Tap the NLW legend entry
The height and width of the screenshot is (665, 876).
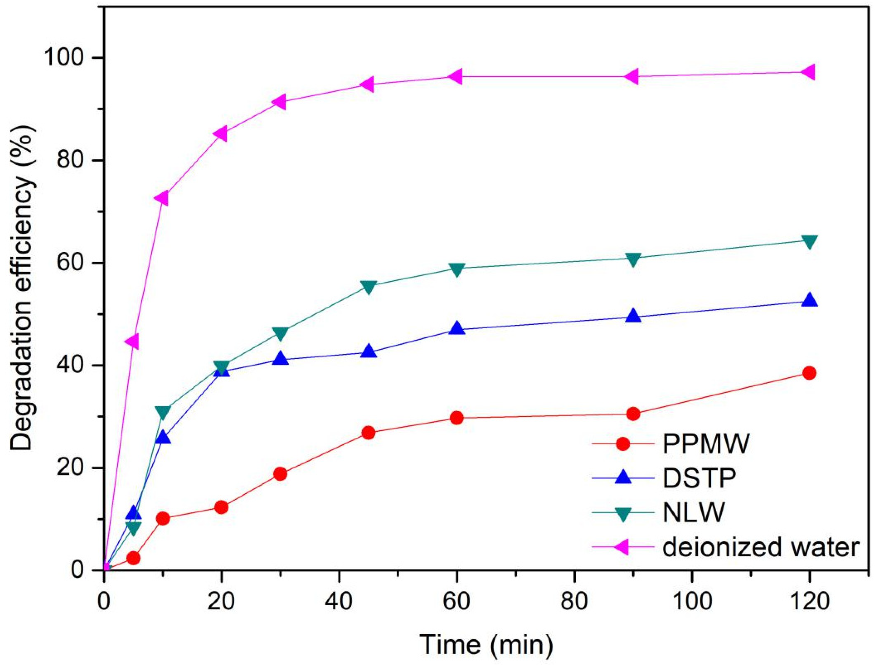(x=694, y=514)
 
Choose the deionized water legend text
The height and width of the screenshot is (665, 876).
(x=760, y=548)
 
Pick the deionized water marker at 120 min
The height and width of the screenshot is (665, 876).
(x=808, y=72)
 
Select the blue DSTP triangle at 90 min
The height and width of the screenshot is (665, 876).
(x=633, y=316)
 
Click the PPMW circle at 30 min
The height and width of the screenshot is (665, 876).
(x=280, y=474)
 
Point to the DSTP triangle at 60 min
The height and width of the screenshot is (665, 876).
(x=457, y=329)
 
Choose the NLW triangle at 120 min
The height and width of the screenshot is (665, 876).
(x=809, y=242)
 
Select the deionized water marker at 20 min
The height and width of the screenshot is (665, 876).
(x=221, y=133)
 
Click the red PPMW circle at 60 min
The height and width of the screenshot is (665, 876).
(x=457, y=418)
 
